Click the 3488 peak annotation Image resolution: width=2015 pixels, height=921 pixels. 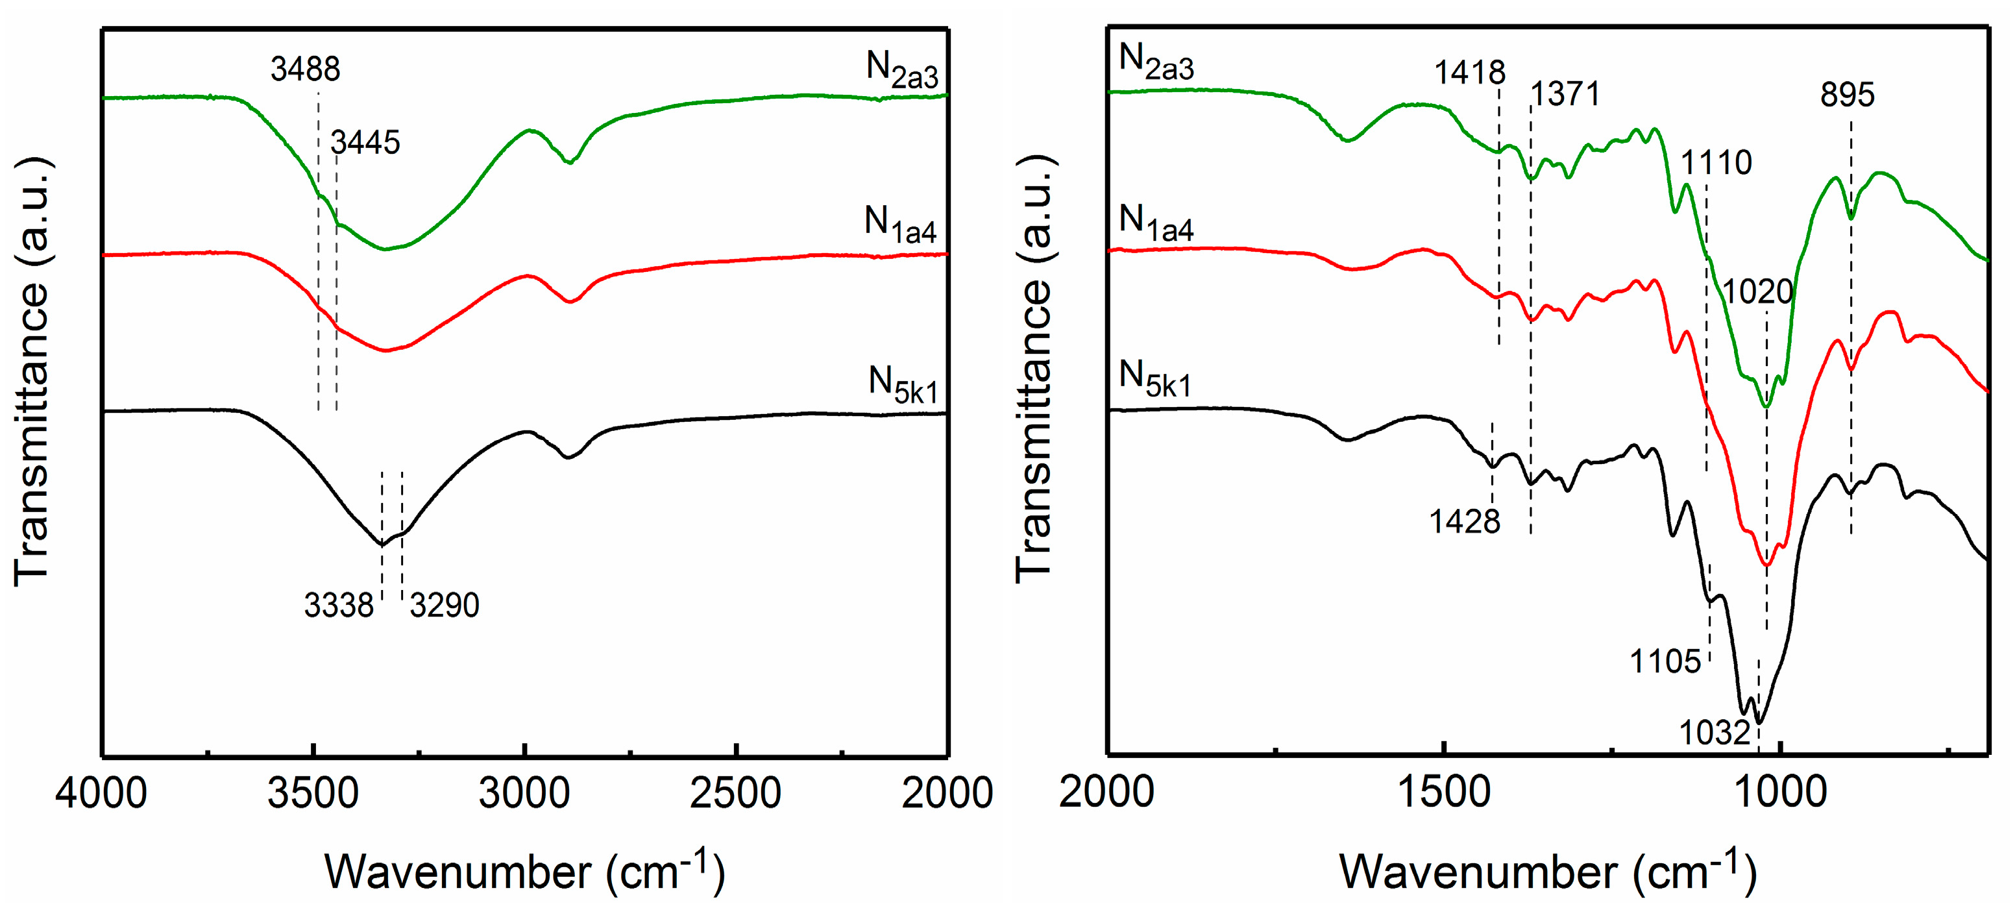point(305,69)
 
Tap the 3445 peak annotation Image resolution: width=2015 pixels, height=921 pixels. point(365,142)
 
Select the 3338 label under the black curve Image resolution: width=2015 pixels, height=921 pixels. point(339,606)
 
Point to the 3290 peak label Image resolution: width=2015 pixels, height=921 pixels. point(445,606)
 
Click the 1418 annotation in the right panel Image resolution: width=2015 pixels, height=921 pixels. point(1469,73)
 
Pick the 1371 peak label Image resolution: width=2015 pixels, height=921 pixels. point(1565,95)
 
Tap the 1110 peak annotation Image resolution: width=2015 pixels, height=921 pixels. point(1716,163)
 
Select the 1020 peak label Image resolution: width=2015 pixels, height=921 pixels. point(1757,292)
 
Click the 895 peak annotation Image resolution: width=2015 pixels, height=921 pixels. point(1847,95)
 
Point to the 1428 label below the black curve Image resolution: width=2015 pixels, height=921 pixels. point(1464,522)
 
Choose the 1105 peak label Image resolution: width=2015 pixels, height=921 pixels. point(1665,662)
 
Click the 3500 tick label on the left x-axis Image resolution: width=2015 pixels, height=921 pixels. point(313,793)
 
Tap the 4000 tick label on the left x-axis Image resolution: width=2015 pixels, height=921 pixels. point(101,793)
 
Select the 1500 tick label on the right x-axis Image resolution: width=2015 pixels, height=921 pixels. point(1444,793)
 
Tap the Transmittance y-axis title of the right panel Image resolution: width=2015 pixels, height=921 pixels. point(1034,368)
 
